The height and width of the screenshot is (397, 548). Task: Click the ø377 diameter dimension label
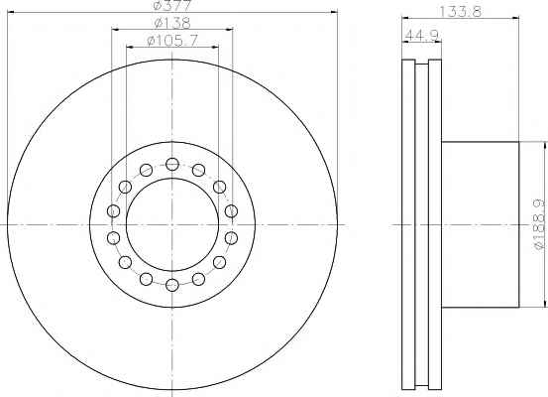click(172, 5)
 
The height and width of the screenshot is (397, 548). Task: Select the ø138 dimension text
click(172, 24)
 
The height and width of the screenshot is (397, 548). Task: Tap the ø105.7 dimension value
click(172, 41)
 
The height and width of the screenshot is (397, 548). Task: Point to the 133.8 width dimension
click(460, 12)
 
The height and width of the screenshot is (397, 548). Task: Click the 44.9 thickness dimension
click(422, 35)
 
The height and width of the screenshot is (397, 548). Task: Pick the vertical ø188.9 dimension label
click(539, 224)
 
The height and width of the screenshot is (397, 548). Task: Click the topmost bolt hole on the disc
click(172, 164)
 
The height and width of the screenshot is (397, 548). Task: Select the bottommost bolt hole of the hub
click(172, 285)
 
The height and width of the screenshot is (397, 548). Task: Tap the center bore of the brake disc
click(172, 224)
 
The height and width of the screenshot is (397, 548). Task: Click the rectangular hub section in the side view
click(481, 224)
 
